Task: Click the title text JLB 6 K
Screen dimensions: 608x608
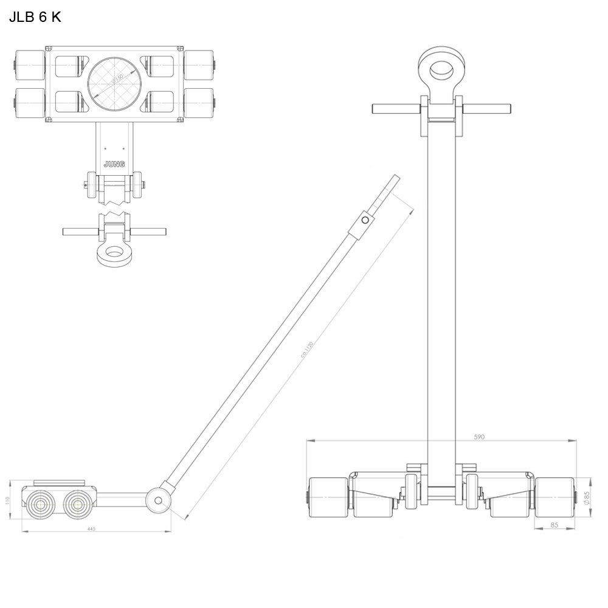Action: tap(35, 17)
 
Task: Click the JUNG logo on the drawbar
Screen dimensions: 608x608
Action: tap(113, 164)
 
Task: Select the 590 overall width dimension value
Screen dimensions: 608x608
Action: tap(479, 437)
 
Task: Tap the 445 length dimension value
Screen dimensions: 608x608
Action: tap(91, 529)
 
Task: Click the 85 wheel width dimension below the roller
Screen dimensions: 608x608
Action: tap(554, 523)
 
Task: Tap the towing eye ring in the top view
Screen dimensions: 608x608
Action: tap(114, 252)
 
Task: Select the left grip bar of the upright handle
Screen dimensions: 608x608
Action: tap(396, 109)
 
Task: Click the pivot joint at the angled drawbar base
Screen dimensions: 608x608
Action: tap(158, 500)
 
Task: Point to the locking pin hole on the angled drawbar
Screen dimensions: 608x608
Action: tap(364, 220)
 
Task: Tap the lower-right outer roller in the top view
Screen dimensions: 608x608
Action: tap(199, 103)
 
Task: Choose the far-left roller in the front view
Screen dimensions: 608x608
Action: tap(328, 497)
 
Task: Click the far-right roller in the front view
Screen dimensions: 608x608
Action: tap(554, 497)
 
